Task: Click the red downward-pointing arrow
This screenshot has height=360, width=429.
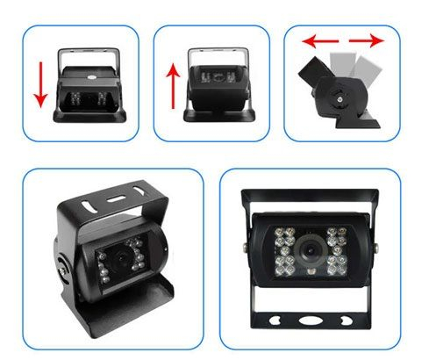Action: [x=39, y=84]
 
